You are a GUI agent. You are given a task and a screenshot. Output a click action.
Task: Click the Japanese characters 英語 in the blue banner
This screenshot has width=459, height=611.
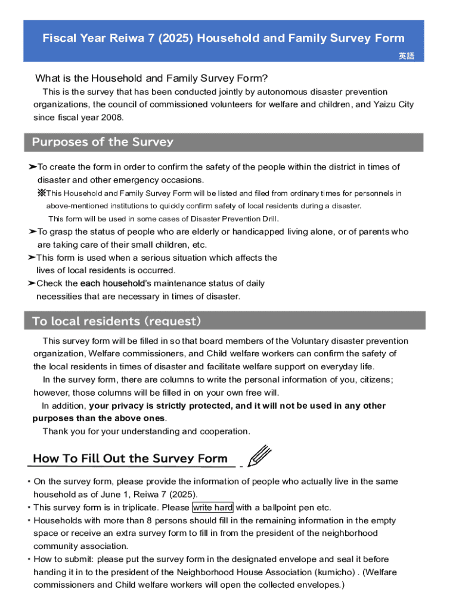[406, 56]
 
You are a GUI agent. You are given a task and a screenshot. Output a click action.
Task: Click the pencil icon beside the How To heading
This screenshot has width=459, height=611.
[260, 456]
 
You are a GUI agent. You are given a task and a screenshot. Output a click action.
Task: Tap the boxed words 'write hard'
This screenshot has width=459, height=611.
[213, 508]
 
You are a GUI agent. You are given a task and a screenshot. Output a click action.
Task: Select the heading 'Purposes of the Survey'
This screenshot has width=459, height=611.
[103, 142]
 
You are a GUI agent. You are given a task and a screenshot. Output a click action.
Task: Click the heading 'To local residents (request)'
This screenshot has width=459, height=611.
[116, 321]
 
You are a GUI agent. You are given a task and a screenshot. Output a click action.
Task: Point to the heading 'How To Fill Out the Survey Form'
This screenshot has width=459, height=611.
[130, 458]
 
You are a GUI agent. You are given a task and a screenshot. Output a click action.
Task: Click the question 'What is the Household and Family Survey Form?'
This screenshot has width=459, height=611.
[151, 78]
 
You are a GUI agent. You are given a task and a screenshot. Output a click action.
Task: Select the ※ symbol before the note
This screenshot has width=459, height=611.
[41, 193]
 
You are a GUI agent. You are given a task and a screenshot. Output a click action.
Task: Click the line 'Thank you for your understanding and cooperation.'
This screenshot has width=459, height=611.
[147, 431]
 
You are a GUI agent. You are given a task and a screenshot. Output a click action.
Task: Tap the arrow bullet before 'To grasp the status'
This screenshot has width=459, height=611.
[32, 232]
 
